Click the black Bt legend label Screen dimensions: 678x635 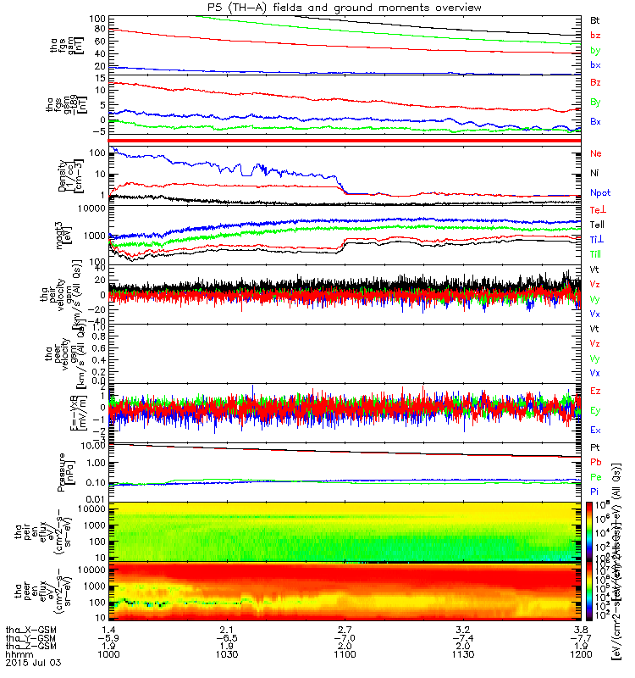(x=595, y=19)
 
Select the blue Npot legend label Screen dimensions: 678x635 (x=599, y=193)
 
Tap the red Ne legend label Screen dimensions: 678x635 (x=596, y=155)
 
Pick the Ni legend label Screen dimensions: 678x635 (x=595, y=174)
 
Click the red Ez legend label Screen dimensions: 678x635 (x=596, y=391)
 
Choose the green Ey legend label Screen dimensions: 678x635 (x=596, y=410)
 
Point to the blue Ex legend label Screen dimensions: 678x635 (x=596, y=430)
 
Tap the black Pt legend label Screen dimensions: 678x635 (x=595, y=447)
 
